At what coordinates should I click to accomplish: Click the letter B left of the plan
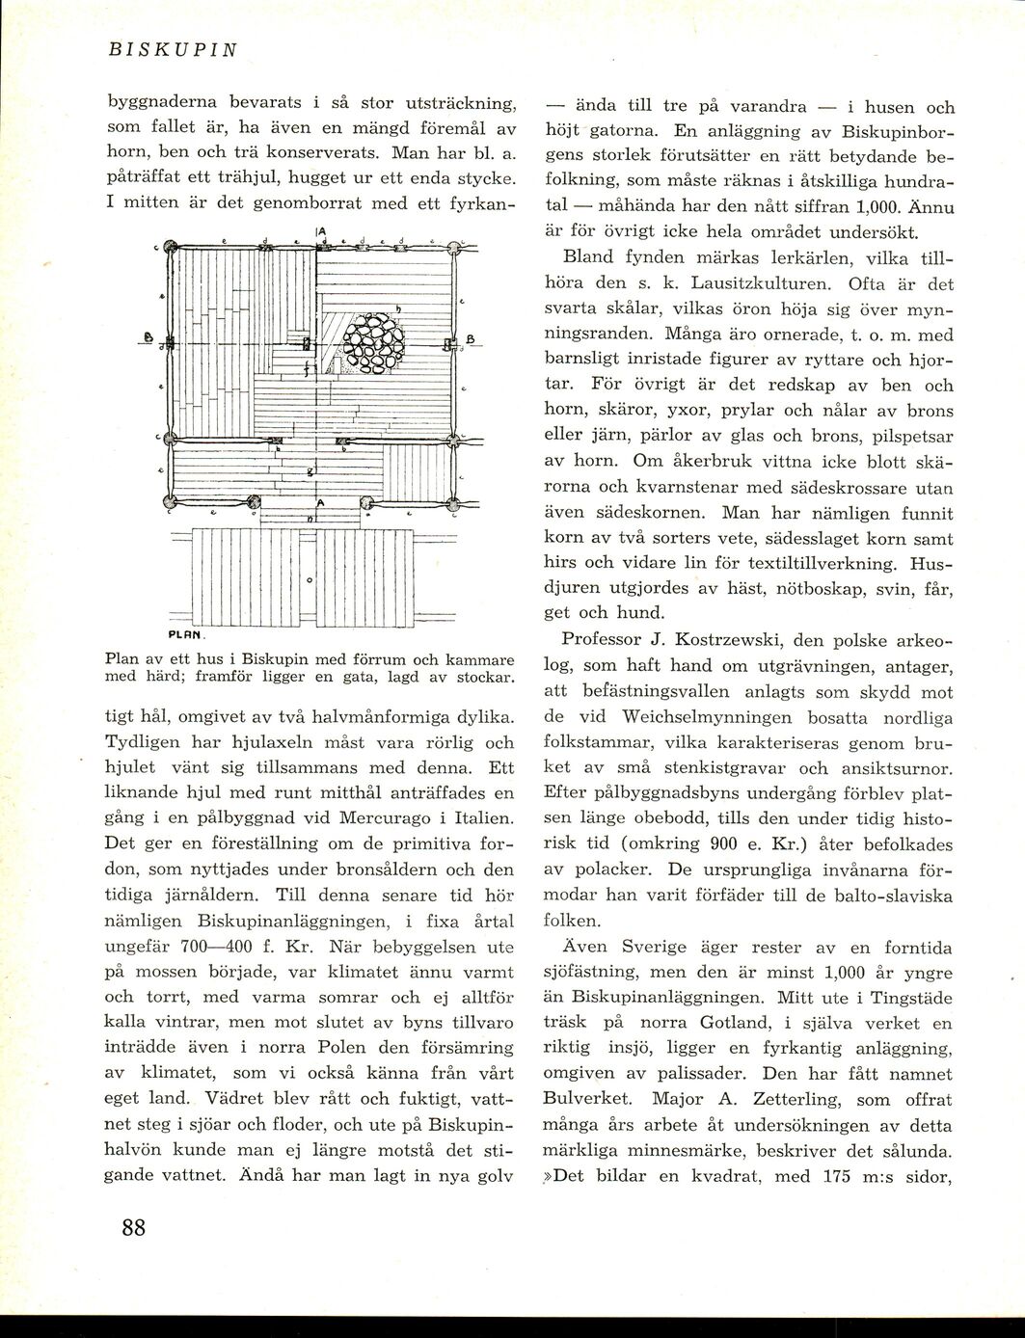coord(149,338)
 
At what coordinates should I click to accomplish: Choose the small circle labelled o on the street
coord(310,581)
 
